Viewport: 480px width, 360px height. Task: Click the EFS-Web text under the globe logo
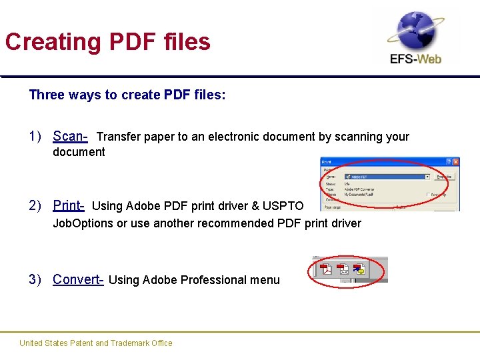pos(415,59)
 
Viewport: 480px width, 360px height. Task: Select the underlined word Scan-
pos(70,137)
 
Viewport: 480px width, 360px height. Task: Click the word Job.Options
pos(83,223)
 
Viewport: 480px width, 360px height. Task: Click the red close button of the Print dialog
pos(455,162)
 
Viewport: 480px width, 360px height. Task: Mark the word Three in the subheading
pos(45,95)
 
